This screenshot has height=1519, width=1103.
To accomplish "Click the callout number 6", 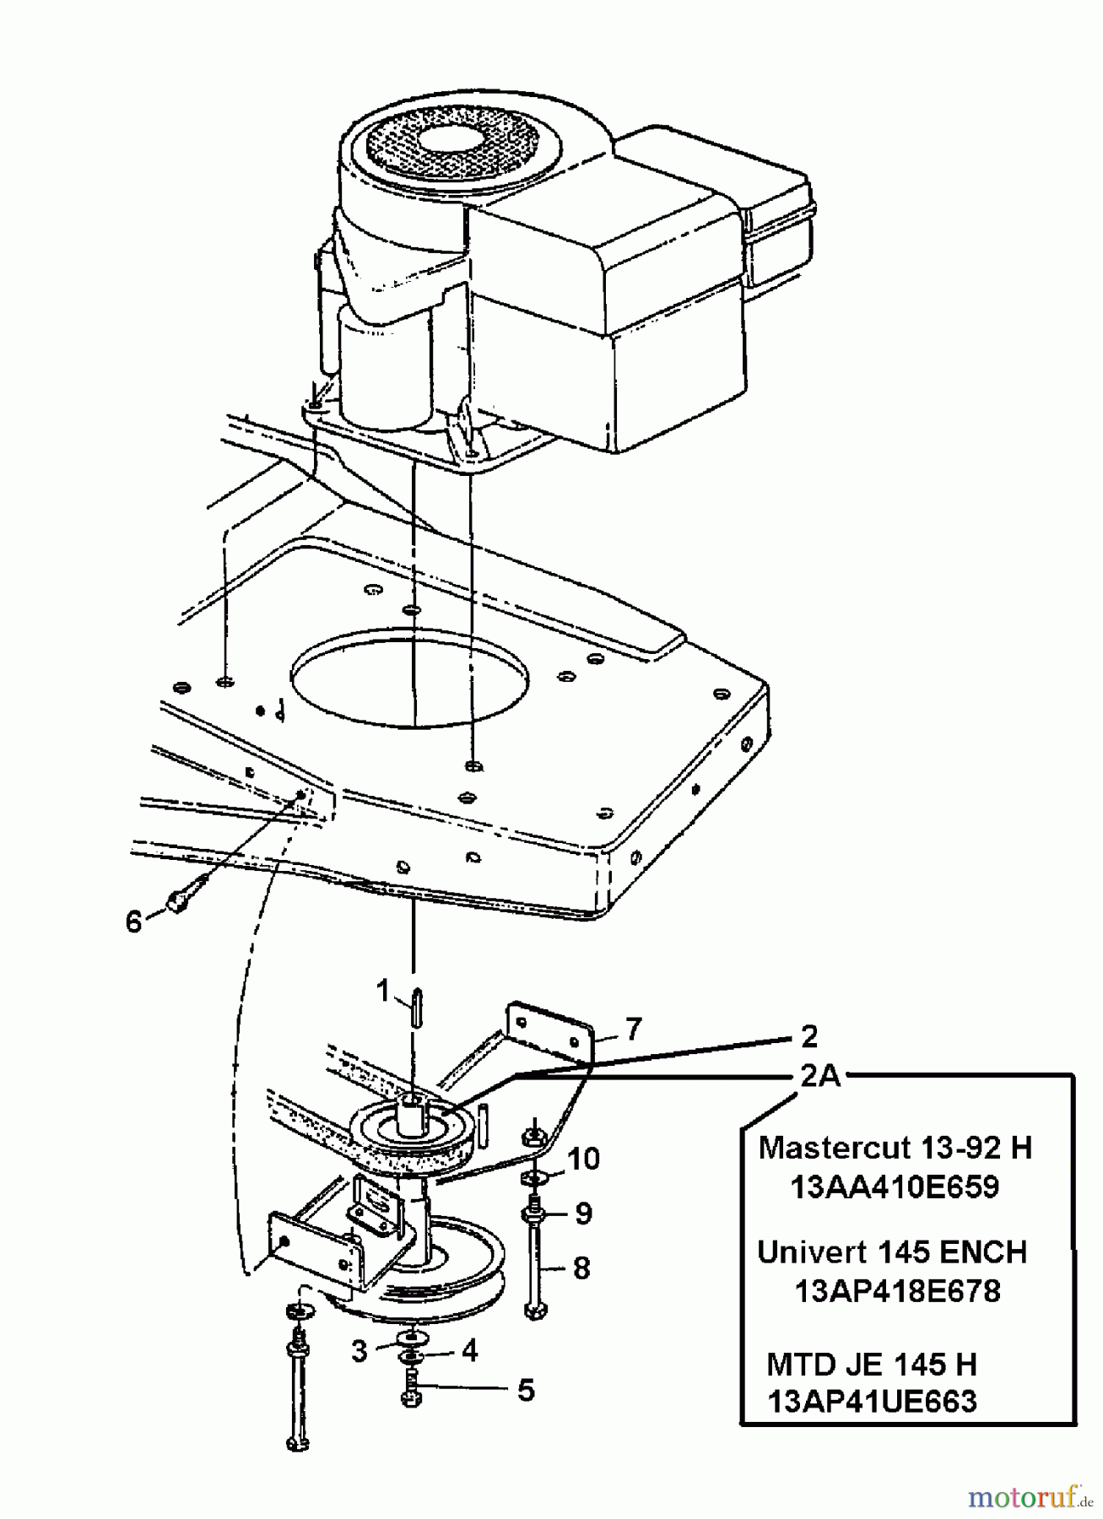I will click(x=134, y=922).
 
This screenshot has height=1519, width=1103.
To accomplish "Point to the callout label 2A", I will click(x=820, y=1076).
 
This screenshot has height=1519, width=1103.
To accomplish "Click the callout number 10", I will click(x=583, y=1159).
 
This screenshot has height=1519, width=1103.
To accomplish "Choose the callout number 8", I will click(x=581, y=1268).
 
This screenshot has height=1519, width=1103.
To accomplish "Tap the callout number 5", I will click(x=526, y=1390).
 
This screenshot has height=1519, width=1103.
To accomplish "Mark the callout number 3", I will click(x=360, y=1351).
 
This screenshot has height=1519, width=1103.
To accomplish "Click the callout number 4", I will click(x=469, y=1350).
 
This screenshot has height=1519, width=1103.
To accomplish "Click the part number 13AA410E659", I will click(x=895, y=1187).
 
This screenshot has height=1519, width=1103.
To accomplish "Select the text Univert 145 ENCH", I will click(x=892, y=1251).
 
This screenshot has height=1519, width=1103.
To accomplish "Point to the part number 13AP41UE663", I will click(x=872, y=1402).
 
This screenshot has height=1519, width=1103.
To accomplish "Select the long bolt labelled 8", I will click(x=534, y=1266).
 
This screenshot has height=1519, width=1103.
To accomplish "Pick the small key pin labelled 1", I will click(x=416, y=1008).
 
